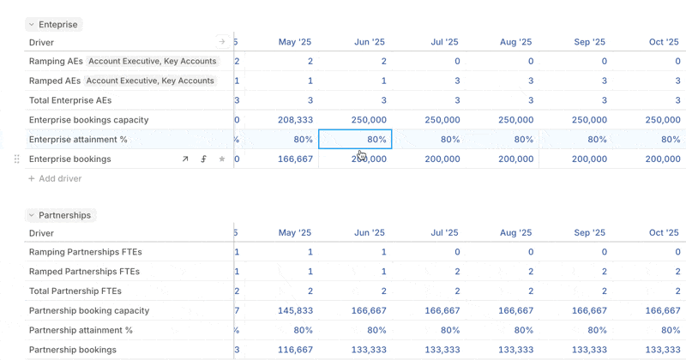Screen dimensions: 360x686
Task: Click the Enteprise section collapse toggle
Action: (32, 25)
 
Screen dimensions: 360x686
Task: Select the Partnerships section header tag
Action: (64, 215)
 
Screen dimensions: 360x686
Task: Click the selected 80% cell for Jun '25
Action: (355, 140)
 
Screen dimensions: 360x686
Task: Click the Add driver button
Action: (55, 178)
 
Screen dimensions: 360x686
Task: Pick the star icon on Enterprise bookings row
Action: (222, 159)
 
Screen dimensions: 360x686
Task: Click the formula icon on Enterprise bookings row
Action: (204, 159)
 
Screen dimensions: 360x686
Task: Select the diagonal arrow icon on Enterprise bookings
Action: (185, 159)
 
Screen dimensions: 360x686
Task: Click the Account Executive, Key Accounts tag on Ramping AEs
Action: (152, 62)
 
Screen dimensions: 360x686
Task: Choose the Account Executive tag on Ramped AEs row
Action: (150, 81)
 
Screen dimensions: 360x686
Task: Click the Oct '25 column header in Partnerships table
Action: (664, 232)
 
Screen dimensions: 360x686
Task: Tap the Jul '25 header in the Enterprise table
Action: (444, 41)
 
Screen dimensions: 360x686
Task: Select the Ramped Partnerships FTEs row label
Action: (84, 272)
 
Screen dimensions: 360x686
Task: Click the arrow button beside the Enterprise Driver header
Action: (222, 41)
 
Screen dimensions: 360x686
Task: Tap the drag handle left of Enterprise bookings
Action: (16, 159)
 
